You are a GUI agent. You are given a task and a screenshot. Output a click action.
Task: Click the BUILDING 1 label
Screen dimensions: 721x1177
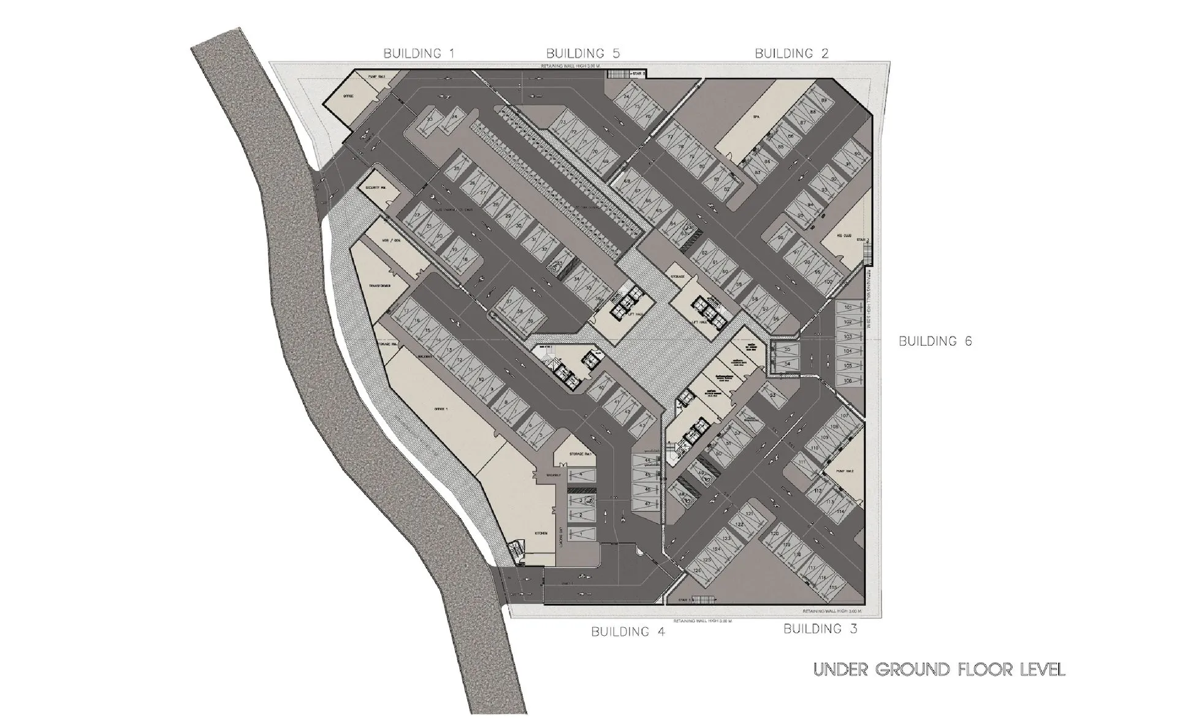pos(419,53)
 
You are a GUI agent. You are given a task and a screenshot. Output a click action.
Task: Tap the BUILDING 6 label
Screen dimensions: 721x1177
pos(935,341)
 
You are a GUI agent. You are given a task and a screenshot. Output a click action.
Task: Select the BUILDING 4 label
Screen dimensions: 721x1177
pos(628,631)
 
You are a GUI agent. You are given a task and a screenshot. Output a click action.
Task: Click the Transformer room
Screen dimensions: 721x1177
pos(380,286)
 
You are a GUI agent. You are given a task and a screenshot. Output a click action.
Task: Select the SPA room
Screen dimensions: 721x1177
pos(756,115)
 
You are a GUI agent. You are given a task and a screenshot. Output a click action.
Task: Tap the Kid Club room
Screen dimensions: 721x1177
pos(843,235)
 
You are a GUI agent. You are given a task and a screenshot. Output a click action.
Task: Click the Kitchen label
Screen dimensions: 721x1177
pos(541,533)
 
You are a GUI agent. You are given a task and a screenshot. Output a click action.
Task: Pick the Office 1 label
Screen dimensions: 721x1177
pos(440,408)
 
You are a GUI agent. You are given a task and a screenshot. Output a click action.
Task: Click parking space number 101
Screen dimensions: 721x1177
pos(849,307)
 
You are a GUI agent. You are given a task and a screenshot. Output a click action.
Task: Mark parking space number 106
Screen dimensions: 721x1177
pos(848,381)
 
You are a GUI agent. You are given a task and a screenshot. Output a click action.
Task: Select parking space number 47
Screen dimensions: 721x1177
pos(647,503)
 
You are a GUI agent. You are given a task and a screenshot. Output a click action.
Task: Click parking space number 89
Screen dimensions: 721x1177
pos(823,101)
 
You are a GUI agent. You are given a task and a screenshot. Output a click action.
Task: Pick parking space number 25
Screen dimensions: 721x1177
pos(456,169)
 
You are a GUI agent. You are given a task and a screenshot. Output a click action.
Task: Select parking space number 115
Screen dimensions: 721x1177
pos(832,587)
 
